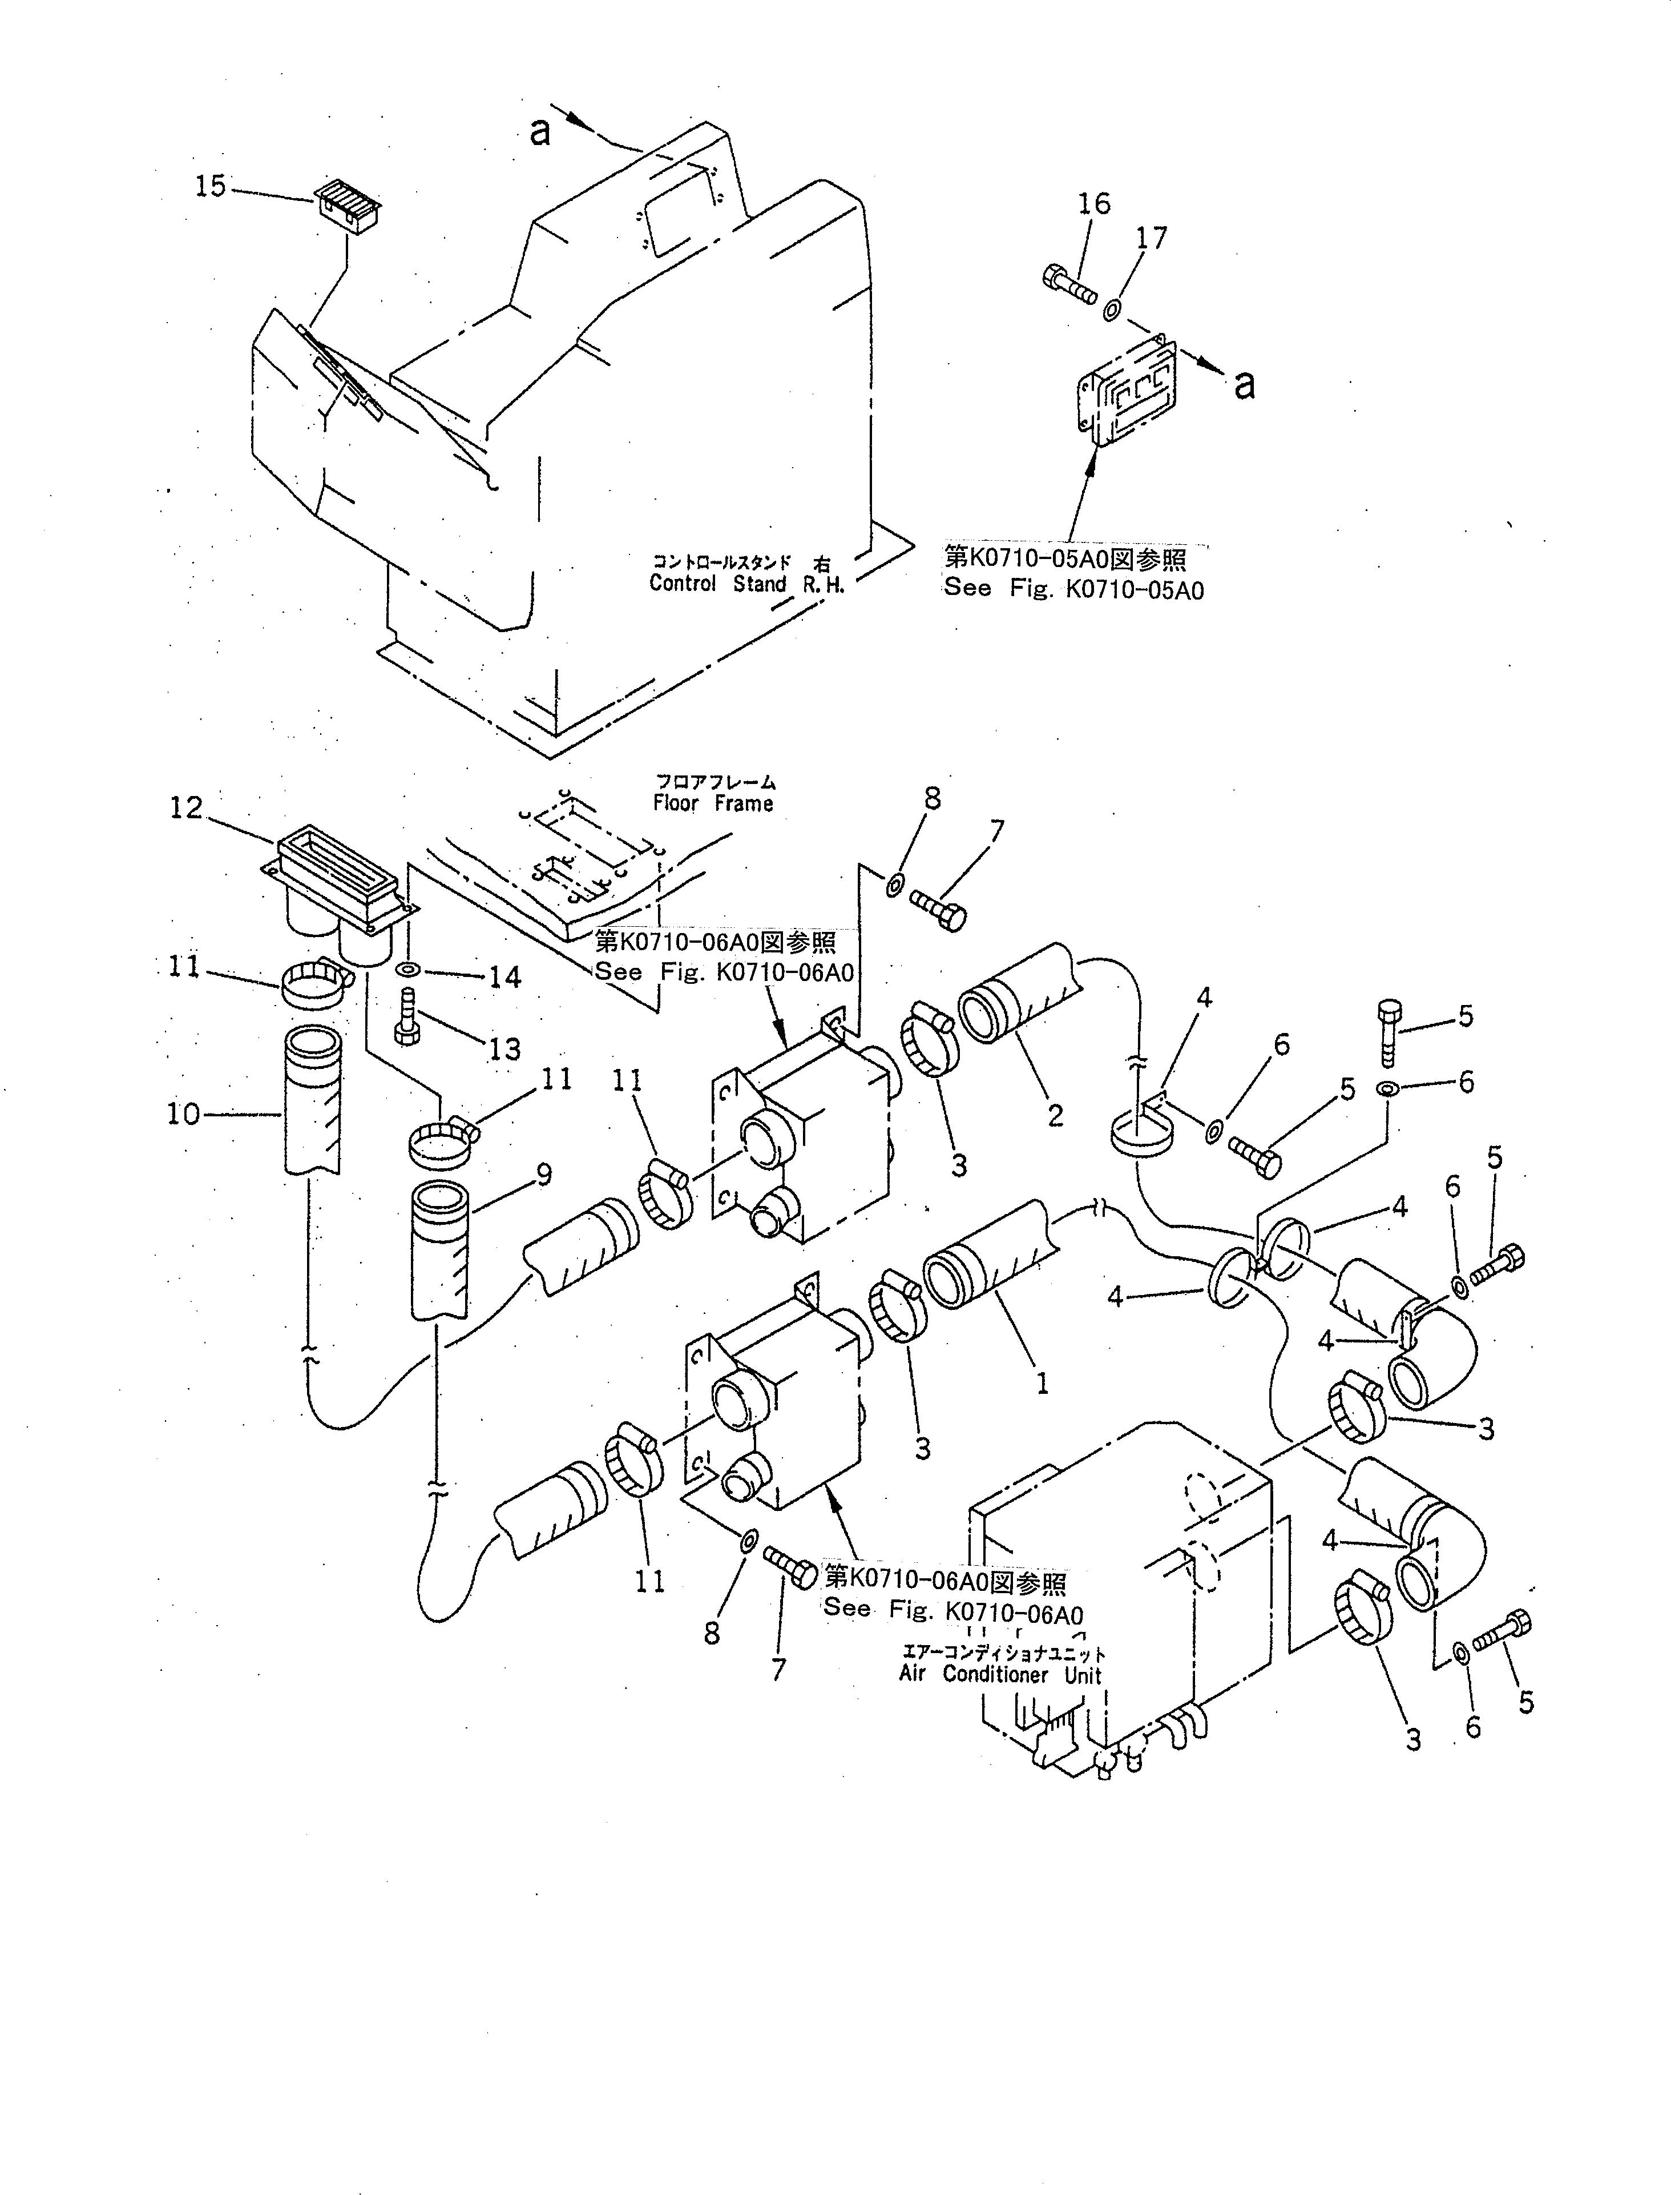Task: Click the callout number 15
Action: coord(210,186)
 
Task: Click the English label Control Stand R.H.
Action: coord(746,584)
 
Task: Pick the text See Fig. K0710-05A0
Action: coord(1073,589)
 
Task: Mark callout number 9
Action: coord(543,1175)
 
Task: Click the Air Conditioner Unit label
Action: coord(1000,1675)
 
